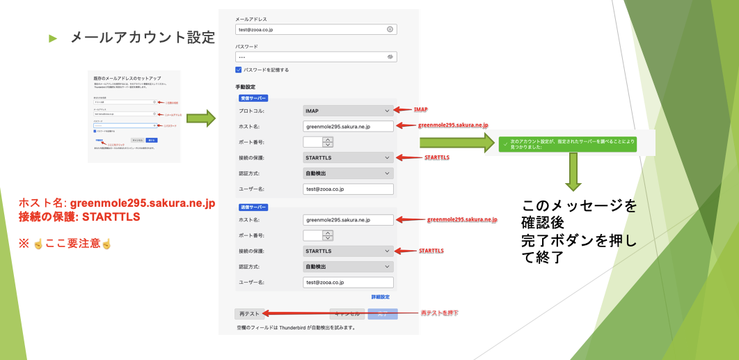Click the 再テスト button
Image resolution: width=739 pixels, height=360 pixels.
(x=248, y=314)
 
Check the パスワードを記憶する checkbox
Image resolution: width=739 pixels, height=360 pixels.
(x=239, y=70)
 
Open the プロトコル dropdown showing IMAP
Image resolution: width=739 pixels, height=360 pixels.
(x=349, y=111)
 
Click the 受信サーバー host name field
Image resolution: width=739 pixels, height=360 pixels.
(x=349, y=126)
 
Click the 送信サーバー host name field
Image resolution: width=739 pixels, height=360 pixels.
(x=349, y=220)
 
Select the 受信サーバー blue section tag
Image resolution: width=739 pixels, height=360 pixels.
(x=253, y=98)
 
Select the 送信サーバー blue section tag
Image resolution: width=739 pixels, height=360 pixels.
(x=253, y=207)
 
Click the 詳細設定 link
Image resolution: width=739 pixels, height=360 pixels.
(x=380, y=297)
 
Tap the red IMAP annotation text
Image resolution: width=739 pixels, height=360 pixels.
(x=420, y=110)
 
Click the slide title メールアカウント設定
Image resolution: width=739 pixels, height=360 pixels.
(x=143, y=38)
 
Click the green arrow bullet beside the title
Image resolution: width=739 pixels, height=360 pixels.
(x=52, y=38)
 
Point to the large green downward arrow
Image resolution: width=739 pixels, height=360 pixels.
(x=573, y=171)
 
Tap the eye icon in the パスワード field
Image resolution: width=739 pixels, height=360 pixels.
(x=390, y=56)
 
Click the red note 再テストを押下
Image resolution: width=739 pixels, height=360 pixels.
(x=439, y=313)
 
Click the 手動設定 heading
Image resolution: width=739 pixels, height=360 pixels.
(x=248, y=87)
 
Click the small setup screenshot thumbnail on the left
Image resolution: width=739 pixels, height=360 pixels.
(x=134, y=116)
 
